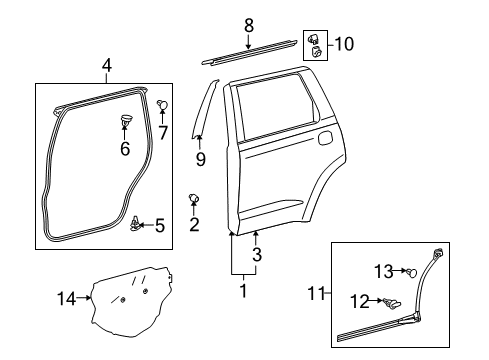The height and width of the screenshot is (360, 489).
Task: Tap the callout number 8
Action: (249, 24)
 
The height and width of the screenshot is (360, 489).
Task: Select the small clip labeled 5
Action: (137, 221)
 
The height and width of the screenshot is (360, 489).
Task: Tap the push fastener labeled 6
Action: (125, 123)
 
